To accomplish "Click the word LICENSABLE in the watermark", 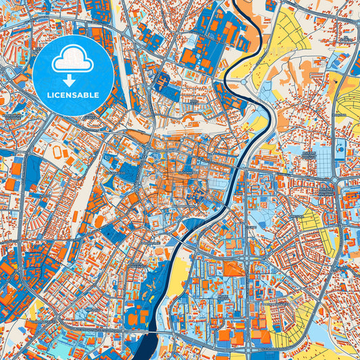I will [x=72, y=95].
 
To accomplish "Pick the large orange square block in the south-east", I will [x=233, y=269].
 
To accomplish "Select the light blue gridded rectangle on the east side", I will [x=325, y=159].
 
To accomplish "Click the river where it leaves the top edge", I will [x=238, y=3].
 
